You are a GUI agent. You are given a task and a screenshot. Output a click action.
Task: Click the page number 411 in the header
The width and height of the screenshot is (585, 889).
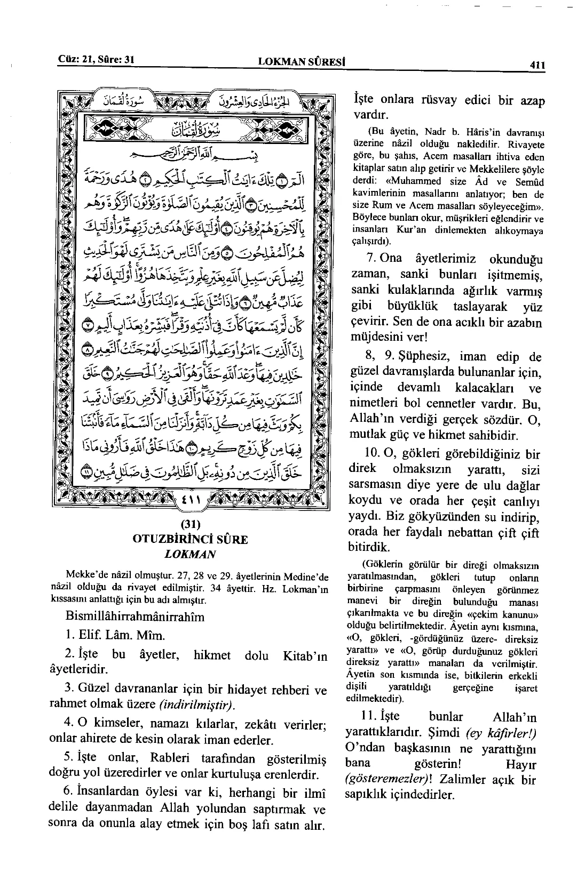[536, 65]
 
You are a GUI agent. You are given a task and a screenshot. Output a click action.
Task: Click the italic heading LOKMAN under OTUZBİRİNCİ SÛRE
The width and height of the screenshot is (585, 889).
[190, 554]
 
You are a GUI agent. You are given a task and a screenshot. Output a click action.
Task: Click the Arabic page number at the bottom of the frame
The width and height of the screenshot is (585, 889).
[190, 501]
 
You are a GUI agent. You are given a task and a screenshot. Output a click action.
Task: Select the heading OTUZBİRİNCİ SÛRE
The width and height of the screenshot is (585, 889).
[190, 539]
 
